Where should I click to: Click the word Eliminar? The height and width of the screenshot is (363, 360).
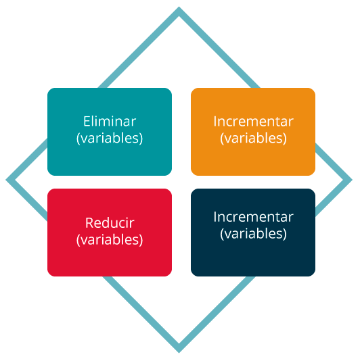(110, 121)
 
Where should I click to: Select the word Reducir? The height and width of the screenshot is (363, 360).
(110, 222)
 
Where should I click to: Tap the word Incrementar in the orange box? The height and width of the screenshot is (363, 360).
(253, 121)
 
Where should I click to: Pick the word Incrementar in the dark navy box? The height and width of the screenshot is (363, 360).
(253, 217)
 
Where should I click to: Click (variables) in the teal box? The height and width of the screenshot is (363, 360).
(110, 138)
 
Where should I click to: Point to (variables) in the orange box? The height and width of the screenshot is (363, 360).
(253, 138)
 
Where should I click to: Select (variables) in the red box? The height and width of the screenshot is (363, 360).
(110, 239)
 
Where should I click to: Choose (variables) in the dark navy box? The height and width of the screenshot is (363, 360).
(253, 234)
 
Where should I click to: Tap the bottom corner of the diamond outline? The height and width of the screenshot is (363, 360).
(179, 353)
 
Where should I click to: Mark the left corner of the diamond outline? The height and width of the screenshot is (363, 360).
(6, 180)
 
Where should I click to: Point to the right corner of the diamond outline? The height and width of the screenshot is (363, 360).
(352, 180)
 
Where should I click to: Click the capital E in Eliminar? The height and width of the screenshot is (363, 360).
(87, 121)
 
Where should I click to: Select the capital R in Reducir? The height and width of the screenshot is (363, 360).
(89, 222)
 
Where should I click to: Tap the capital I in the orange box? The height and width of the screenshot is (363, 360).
(215, 121)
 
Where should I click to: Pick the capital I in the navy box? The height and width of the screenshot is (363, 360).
(215, 217)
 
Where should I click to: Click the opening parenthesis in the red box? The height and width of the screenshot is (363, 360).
(78, 240)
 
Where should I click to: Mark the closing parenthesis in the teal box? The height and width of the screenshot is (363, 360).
(141, 139)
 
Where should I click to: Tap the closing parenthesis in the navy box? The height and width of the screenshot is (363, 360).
(285, 234)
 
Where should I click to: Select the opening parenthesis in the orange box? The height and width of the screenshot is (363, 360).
(222, 139)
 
